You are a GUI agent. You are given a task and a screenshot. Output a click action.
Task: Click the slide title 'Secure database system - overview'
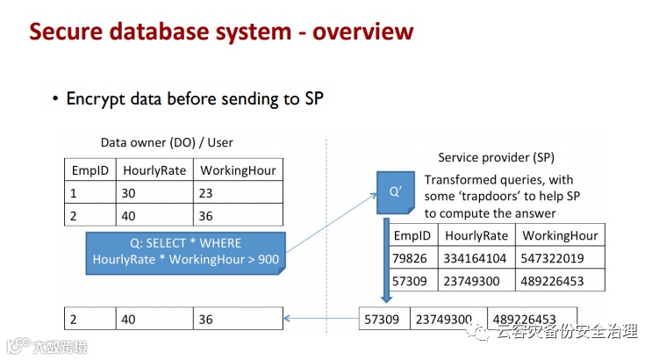tap(221, 32)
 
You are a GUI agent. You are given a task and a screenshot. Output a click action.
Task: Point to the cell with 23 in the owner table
tap(238, 192)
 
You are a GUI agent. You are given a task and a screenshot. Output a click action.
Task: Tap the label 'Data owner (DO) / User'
tap(167, 142)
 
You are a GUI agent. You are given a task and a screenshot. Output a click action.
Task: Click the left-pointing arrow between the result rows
tap(321, 319)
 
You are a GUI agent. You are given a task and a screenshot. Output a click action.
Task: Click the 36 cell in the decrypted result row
tap(238, 320)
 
